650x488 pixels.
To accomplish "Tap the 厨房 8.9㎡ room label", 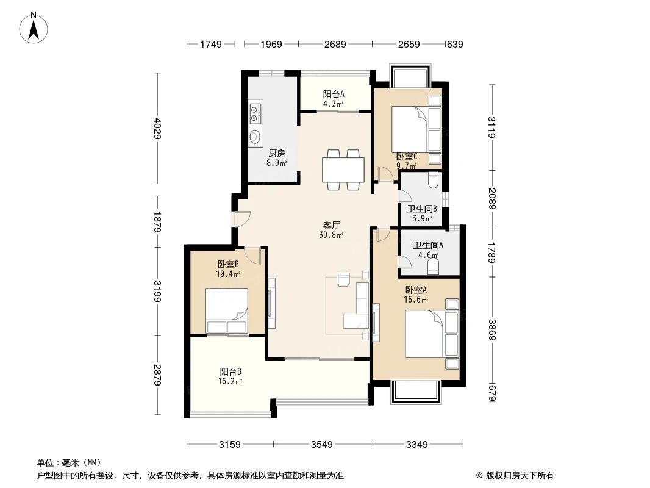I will click(276, 158).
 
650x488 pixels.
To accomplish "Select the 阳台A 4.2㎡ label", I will click(334, 99).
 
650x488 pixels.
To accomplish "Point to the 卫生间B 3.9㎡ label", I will click(421, 213).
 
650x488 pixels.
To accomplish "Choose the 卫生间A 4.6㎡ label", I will click(428, 251).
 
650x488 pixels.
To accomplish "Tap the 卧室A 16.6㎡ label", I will click(416, 295).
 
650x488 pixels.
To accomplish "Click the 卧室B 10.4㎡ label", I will click(227, 269).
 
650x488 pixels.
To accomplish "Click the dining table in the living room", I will click(343, 170).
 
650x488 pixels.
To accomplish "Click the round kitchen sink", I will click(255, 136).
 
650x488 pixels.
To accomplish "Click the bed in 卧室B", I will click(226, 311).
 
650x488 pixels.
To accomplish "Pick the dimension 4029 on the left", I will click(158, 128).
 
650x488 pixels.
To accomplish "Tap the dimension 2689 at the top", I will click(335, 44).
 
